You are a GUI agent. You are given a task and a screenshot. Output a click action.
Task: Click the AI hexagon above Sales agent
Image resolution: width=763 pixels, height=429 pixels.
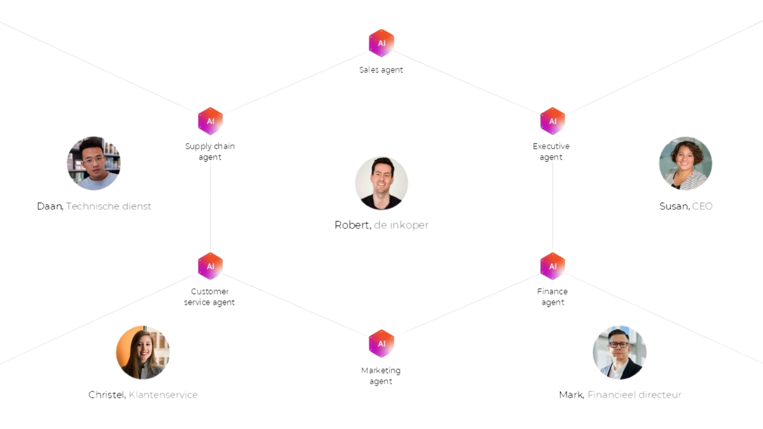click(x=381, y=43)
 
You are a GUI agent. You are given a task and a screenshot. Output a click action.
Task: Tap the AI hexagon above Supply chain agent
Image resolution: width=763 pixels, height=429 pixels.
click(x=210, y=121)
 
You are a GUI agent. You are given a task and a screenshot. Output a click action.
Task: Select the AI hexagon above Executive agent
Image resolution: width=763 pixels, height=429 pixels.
click(x=552, y=121)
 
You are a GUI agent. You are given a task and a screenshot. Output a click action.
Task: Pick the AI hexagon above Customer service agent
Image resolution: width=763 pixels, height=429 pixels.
click(x=210, y=266)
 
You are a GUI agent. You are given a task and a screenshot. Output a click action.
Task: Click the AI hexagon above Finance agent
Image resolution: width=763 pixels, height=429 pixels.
click(x=552, y=266)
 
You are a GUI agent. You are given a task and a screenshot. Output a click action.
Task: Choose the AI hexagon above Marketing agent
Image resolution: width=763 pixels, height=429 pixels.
click(x=381, y=343)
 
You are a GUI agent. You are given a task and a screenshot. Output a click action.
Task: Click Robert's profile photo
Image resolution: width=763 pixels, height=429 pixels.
click(x=381, y=184)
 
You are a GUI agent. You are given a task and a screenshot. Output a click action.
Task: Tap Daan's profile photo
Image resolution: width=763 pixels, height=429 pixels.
click(x=93, y=163)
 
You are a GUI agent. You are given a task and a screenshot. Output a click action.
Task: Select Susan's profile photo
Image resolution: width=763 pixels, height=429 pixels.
click(x=685, y=163)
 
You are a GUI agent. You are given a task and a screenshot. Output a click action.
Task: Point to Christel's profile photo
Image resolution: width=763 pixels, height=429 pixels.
click(x=143, y=353)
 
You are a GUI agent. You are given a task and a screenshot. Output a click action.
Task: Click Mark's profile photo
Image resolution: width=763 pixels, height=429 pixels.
click(x=619, y=353)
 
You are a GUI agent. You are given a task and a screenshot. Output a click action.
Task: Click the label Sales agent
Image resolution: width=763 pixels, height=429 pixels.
click(x=381, y=70)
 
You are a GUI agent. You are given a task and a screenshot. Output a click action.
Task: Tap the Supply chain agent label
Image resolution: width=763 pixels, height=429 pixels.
click(x=210, y=152)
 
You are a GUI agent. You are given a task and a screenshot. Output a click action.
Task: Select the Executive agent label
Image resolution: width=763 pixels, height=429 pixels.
click(x=551, y=152)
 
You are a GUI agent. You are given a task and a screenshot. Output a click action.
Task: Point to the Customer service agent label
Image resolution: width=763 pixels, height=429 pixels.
click(x=209, y=296)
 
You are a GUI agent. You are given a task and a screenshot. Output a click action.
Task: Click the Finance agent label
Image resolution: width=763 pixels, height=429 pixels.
click(x=552, y=296)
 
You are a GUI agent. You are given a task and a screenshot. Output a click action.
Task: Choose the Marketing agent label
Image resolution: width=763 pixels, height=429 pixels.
click(x=381, y=376)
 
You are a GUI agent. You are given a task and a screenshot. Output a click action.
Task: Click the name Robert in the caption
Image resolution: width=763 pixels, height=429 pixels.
click(x=352, y=225)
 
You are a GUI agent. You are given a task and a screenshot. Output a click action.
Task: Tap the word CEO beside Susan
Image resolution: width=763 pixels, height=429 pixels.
click(x=702, y=206)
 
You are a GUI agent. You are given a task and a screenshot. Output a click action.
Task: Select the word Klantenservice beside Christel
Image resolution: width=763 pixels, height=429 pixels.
click(x=163, y=395)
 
